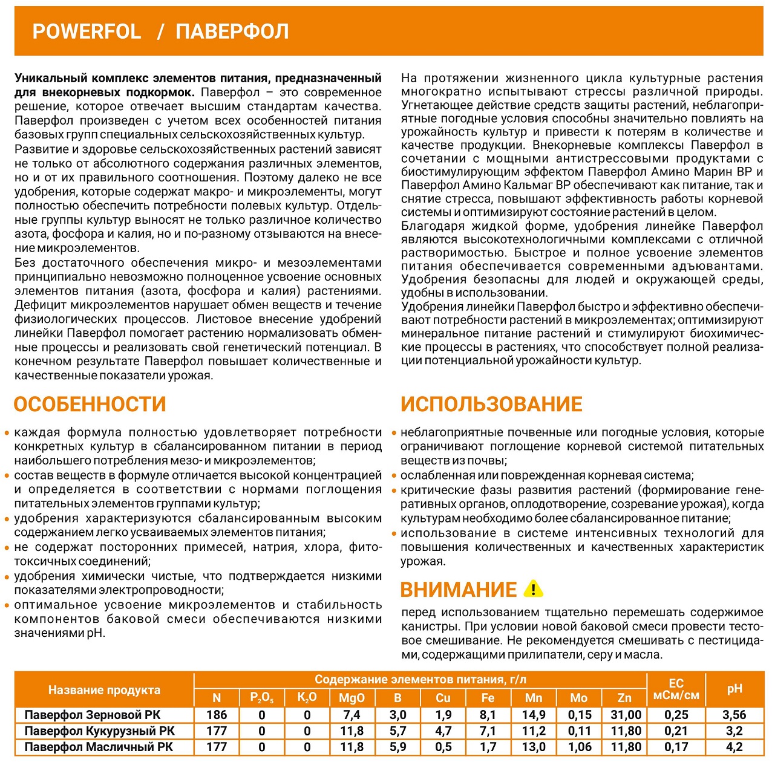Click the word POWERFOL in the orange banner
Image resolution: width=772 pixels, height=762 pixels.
point(87,31)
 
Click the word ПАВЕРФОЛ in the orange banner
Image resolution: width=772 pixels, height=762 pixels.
point(232,31)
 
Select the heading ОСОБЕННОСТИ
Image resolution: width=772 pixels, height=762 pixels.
point(90,404)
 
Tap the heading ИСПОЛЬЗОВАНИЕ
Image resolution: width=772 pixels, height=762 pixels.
point(491,404)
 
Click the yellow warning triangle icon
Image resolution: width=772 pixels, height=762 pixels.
point(533,588)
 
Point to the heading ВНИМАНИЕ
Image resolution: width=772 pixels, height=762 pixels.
point(459,589)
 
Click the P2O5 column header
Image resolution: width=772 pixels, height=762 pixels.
point(262,698)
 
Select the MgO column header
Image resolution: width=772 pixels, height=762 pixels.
point(352,698)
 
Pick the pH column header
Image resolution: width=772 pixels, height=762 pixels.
point(734,688)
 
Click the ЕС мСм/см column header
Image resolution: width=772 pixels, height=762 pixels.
point(676,689)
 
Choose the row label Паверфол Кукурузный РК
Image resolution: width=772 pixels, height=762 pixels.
point(99,731)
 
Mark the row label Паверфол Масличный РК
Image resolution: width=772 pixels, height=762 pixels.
point(99,747)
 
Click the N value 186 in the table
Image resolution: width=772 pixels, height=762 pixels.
point(217,715)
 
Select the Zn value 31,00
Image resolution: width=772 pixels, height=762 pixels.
point(626,715)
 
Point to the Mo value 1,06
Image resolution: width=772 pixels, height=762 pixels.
point(580,747)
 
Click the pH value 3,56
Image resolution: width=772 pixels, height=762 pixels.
point(734,715)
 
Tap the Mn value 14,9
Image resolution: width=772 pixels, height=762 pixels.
point(534,715)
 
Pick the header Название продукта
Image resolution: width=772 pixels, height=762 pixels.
point(104,690)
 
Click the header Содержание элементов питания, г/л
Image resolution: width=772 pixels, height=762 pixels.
point(420,680)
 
